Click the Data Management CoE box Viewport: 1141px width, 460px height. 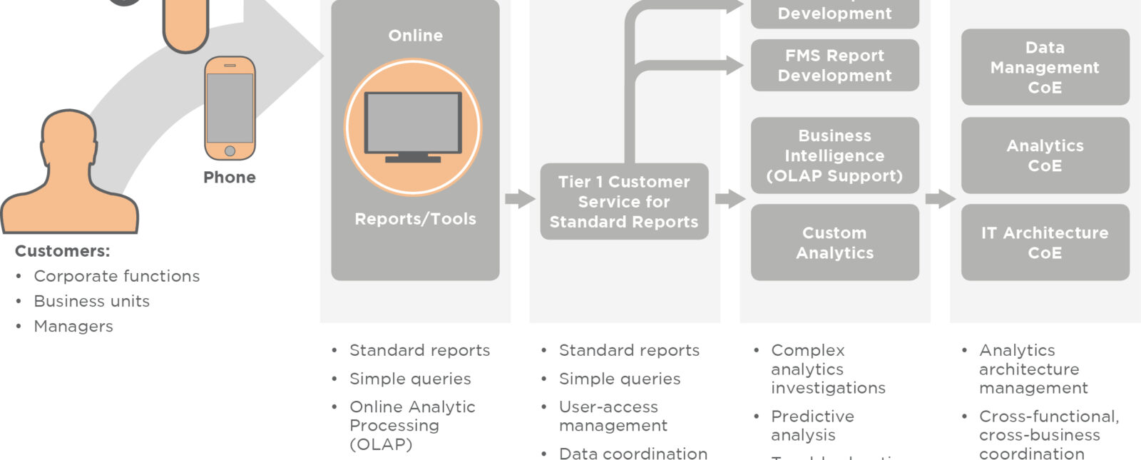click(1045, 67)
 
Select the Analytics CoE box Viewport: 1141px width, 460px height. click(1045, 155)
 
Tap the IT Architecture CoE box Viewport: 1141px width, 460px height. click(1045, 242)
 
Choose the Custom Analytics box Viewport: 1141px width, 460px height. click(834, 242)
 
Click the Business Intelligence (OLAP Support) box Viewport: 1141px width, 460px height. click(834, 155)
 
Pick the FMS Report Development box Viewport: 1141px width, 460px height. click(834, 66)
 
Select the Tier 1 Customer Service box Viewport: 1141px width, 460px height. click(624, 202)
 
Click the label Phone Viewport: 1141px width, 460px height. click(230, 177)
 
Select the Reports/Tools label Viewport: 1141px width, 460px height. click(415, 219)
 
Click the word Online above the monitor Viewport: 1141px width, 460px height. click(415, 36)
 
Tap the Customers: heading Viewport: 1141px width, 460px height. click(63, 251)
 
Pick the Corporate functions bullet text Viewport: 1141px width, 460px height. click(117, 276)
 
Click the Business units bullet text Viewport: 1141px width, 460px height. click(92, 301)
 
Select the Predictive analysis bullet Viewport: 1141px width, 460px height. click(812, 425)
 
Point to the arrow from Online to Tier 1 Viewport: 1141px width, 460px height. click(520, 199)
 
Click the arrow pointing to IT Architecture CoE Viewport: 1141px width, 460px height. click(941, 199)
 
